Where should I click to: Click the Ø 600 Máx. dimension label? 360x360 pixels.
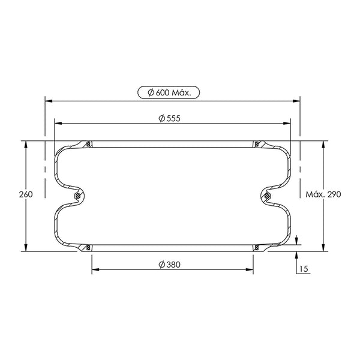(169, 92)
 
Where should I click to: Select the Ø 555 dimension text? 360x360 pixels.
(169, 118)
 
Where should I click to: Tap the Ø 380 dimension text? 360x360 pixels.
(169, 265)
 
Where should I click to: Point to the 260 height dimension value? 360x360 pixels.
(26, 194)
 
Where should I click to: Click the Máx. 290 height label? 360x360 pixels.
(323, 194)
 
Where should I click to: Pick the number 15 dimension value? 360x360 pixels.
(304, 269)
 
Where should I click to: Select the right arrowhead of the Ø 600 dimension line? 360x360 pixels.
(296, 101)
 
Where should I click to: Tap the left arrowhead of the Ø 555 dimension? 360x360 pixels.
(58, 123)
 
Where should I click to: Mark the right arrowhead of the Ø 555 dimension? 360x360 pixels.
(287, 123)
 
